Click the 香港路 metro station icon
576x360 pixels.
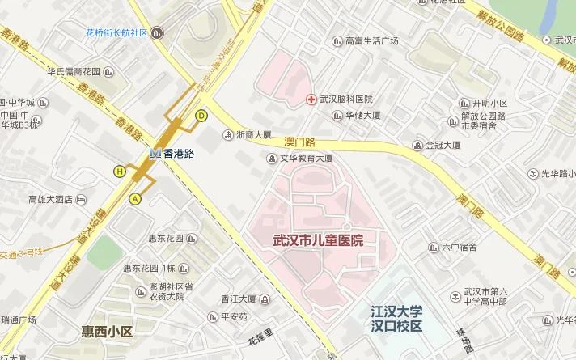tap(155, 153)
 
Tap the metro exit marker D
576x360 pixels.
tap(201, 115)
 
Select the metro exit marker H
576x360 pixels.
tap(120, 171)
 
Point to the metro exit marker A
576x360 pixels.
tap(135, 198)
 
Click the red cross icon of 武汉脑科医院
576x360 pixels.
tap(311, 99)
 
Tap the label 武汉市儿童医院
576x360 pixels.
tap(317, 240)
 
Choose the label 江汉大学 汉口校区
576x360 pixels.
tap(396, 318)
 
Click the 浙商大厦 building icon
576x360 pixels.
tap(227, 135)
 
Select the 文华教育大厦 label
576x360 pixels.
tap(307, 159)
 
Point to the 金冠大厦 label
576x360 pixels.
tap(443, 146)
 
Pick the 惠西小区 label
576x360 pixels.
tap(107, 331)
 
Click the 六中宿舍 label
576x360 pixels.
tap(459, 248)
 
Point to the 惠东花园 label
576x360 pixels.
tap(167, 239)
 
